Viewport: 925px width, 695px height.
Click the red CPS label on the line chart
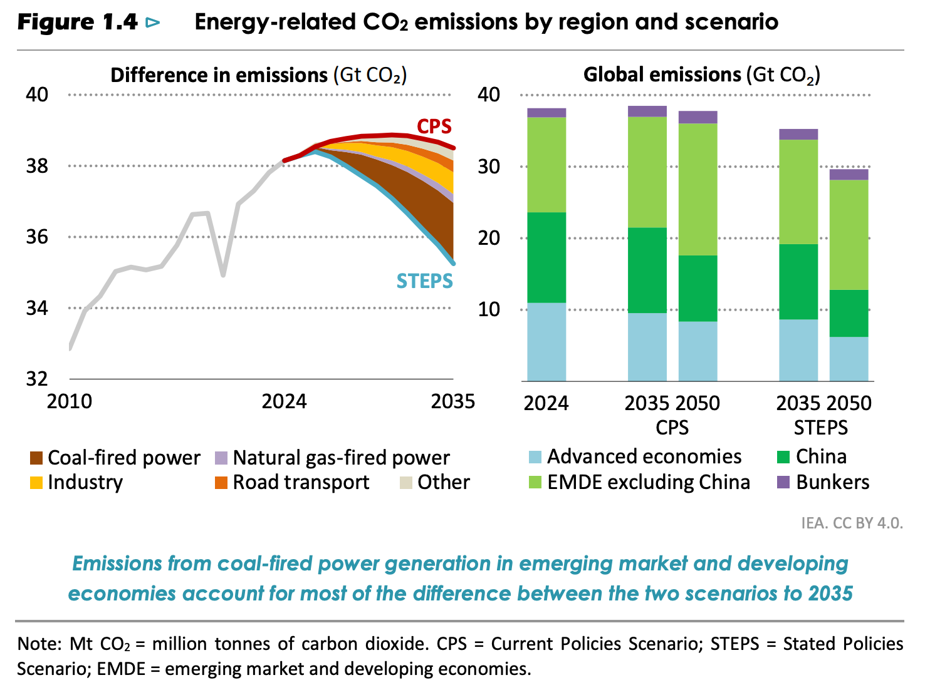434,126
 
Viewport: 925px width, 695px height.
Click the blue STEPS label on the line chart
424,281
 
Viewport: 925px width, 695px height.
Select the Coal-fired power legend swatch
36,458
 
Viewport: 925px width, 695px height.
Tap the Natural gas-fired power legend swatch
221,458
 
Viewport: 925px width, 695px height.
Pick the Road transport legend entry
301,483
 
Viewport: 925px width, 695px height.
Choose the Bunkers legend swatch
783,483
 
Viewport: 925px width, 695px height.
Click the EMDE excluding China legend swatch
535,483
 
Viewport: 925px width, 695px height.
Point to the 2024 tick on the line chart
284,401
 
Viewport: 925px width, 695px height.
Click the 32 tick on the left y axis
36,379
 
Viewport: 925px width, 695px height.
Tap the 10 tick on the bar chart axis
489,309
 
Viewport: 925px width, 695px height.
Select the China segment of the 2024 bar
546,258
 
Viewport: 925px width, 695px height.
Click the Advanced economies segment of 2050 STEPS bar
849,359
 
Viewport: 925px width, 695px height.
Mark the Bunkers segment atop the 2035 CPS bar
647,111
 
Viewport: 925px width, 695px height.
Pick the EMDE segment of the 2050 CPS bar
698,189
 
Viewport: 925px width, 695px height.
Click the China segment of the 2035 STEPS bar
798,282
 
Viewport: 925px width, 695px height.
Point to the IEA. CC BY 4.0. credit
852,523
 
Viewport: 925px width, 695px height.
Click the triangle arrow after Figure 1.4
152,23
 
